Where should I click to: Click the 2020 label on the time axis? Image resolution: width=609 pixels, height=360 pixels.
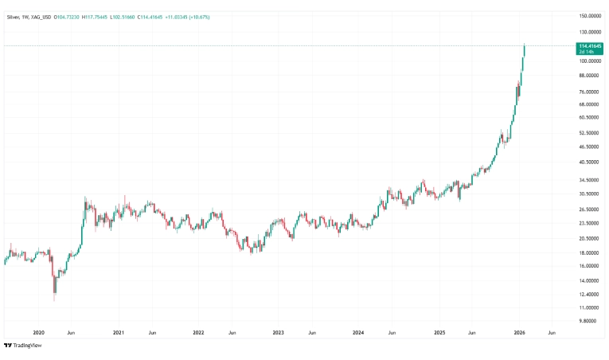point(38,332)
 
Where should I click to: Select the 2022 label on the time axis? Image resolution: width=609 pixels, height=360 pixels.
point(198,332)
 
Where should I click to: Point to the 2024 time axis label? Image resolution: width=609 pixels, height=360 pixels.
point(358,332)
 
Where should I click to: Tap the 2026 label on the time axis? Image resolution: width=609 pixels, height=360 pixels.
point(518,332)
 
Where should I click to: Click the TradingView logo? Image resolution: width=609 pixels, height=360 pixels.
point(23,345)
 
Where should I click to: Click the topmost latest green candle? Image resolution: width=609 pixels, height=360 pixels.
point(525,50)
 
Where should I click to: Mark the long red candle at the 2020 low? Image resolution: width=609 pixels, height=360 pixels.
point(53,285)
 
